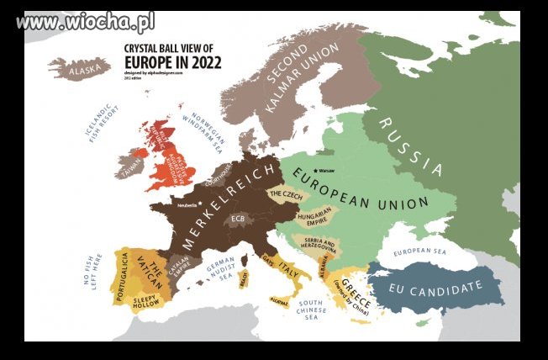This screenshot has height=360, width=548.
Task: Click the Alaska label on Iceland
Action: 83,71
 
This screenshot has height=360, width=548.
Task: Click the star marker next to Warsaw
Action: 314,168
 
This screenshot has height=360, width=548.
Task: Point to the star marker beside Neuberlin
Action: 199,204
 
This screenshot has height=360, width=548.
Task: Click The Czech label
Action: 285,194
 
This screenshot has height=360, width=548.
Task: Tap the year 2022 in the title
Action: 205,61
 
